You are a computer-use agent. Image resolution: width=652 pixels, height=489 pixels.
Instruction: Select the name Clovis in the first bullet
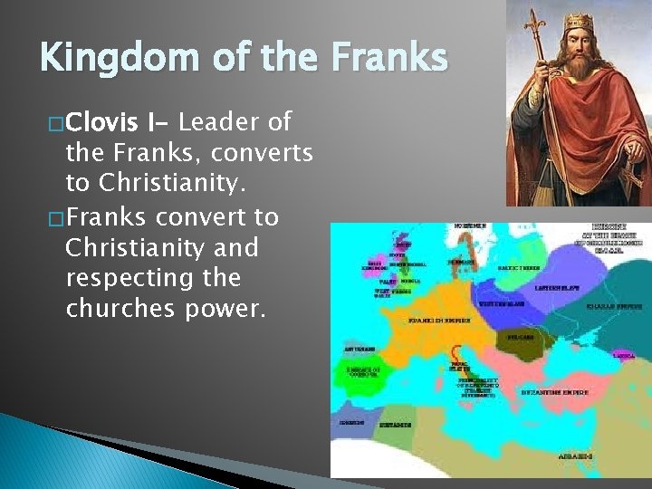(x=102, y=121)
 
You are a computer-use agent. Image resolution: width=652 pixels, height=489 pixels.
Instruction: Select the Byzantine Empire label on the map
(x=555, y=393)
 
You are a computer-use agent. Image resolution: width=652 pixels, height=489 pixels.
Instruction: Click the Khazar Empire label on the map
(x=618, y=306)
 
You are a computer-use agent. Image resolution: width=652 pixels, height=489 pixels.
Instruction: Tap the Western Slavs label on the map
(x=498, y=304)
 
